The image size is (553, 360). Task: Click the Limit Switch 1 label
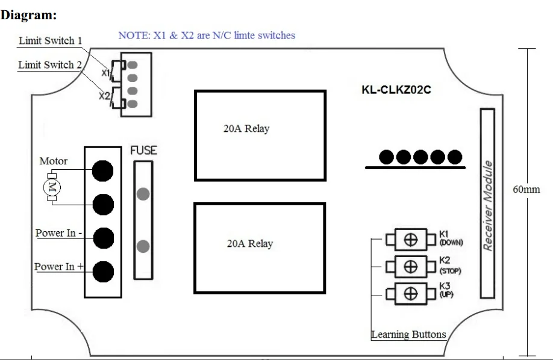[51, 41]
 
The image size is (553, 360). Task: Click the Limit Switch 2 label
[50, 64]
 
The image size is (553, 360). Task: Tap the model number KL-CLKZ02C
[396, 90]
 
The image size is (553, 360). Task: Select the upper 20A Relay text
[246, 129]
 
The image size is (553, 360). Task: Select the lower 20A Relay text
[249, 244]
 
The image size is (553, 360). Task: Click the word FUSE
[143, 150]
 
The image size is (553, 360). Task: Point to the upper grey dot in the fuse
[143, 194]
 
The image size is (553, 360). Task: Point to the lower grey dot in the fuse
[143, 246]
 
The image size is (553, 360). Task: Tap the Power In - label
[58, 233]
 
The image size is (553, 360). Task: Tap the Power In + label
[59, 267]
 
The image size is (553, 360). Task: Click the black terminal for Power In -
[104, 237]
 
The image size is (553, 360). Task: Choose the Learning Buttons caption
[408, 334]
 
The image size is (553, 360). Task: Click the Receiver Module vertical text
[488, 205]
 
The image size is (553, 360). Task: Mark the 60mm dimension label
[526, 189]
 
